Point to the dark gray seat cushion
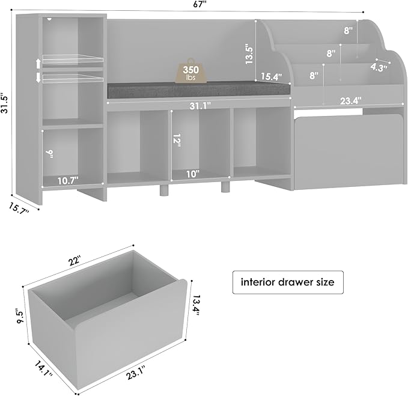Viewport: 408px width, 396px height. (198, 91)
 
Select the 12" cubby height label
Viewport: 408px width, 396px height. (177, 141)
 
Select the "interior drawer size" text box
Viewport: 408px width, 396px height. (288, 281)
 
